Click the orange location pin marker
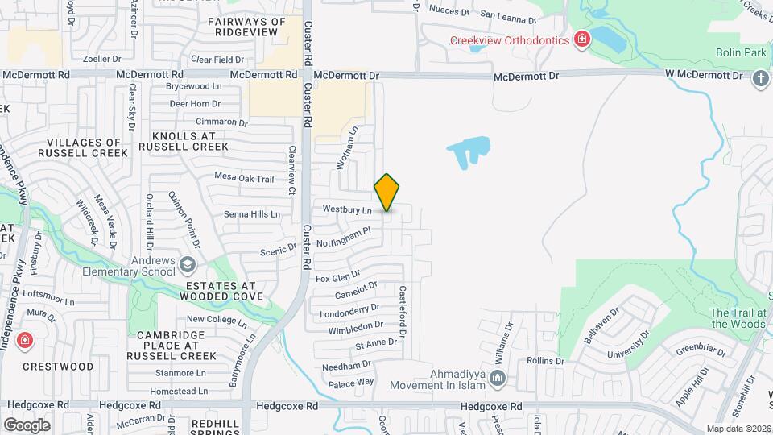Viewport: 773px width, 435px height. (386, 193)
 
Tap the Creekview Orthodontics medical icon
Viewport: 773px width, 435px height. (581, 39)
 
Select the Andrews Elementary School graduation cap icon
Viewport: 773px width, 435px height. (187, 265)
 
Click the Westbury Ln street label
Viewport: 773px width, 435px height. (347, 209)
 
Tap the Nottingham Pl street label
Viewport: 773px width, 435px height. (344, 234)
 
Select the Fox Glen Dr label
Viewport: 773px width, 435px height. (337, 278)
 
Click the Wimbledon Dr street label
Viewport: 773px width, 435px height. (355, 327)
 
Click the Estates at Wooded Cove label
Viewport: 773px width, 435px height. (221, 291)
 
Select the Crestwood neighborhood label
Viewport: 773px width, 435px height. (69, 367)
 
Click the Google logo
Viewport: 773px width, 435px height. (27, 425)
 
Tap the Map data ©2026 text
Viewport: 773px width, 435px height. (738, 429)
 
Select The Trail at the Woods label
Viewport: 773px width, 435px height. (738, 318)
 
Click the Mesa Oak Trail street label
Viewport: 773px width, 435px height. (244, 177)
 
